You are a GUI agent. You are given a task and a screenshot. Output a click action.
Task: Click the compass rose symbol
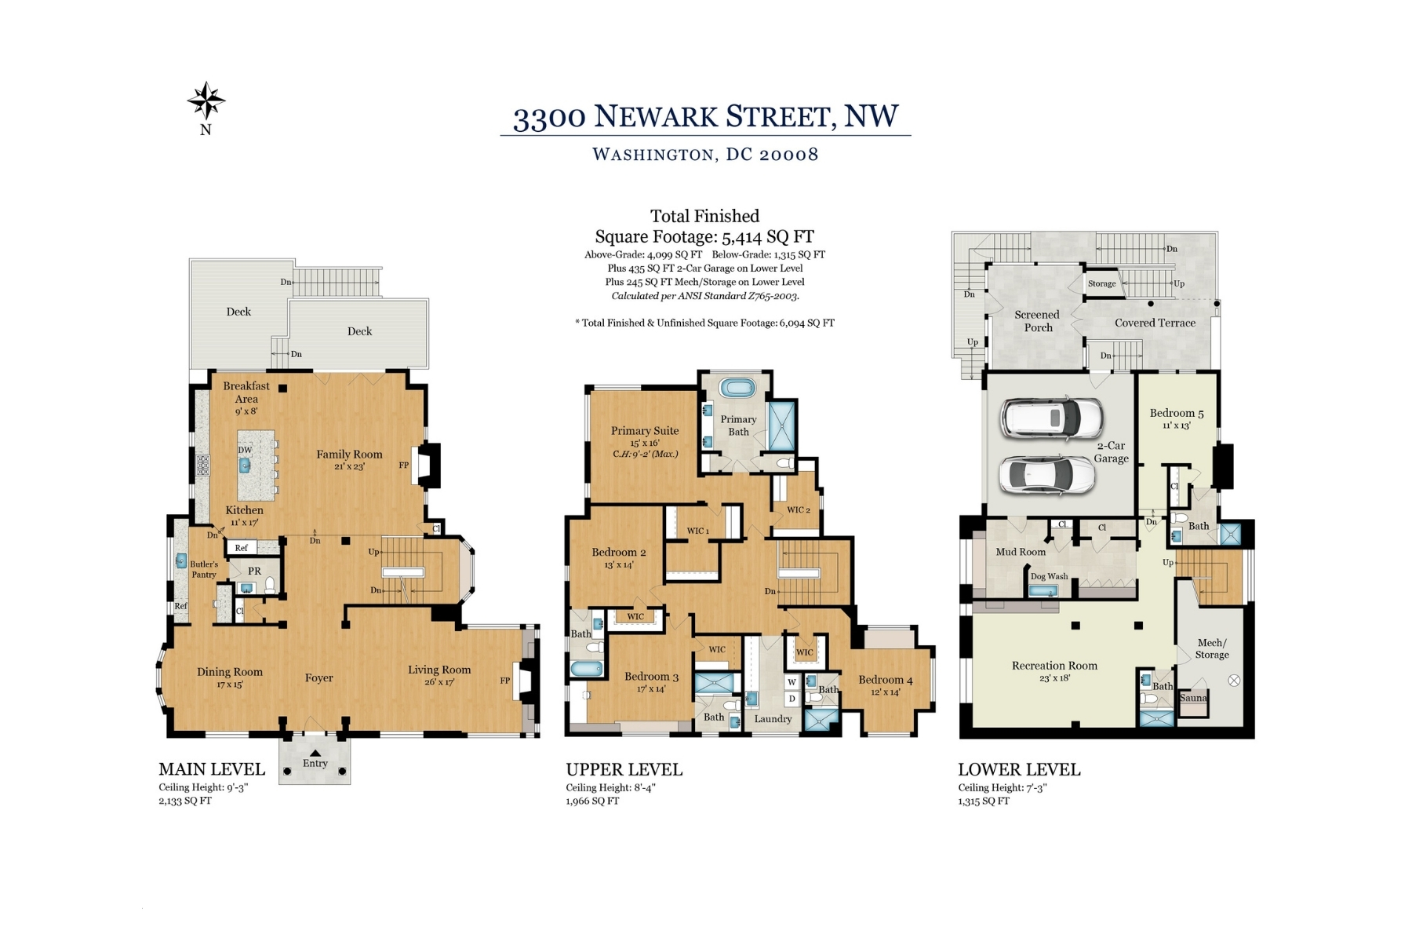[x=206, y=100]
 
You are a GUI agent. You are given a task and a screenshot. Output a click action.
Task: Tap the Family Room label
[x=349, y=454]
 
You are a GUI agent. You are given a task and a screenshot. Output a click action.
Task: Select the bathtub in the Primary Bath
[x=737, y=387]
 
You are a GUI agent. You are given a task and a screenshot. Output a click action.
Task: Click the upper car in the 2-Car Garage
[x=1051, y=418]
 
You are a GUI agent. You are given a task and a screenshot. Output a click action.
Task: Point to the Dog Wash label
[x=1049, y=576]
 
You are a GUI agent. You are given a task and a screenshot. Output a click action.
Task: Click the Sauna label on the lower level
[x=1193, y=698]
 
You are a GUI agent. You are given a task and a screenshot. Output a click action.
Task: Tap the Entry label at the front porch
[x=315, y=763]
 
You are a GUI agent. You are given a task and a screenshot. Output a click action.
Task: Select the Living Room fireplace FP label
[x=505, y=681]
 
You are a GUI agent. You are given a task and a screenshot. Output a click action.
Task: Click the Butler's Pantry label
[x=204, y=569]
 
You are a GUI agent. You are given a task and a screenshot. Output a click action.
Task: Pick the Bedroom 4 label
[x=886, y=680]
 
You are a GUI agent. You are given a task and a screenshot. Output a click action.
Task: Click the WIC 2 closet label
[x=799, y=510]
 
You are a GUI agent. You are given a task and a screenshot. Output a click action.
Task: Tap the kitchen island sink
[x=245, y=466]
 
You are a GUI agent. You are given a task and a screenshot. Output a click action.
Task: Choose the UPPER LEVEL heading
[x=624, y=769]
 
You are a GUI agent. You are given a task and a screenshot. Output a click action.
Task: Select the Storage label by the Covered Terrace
[x=1101, y=283]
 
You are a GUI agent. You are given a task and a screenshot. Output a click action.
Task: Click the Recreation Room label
[x=1054, y=666]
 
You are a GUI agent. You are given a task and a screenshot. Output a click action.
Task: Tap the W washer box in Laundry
[x=792, y=682]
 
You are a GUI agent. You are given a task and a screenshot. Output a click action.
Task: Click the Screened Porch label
[x=1037, y=321]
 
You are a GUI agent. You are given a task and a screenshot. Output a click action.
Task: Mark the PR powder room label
[x=254, y=571]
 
